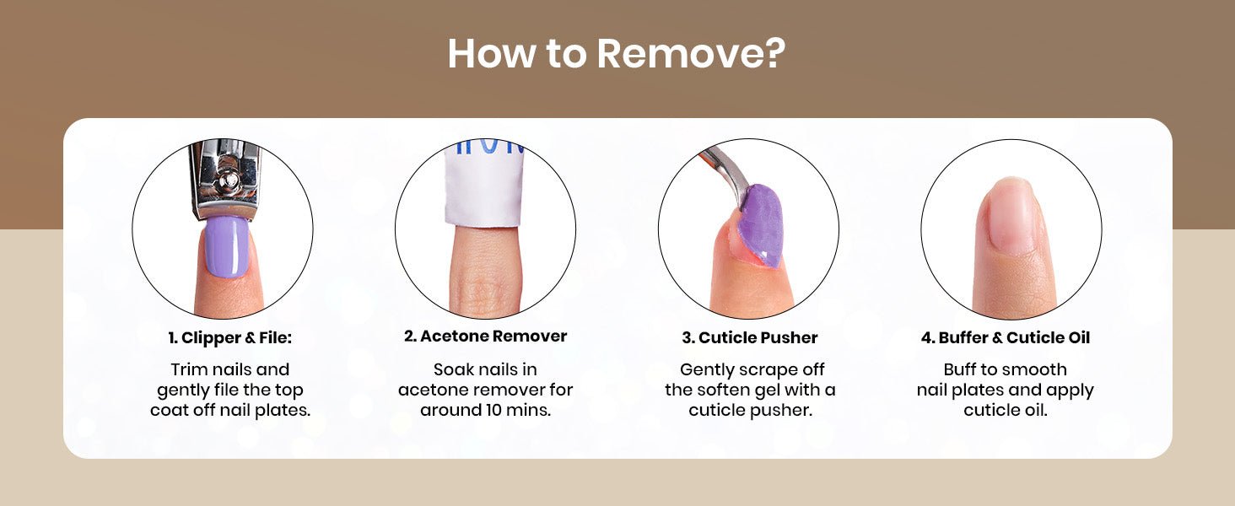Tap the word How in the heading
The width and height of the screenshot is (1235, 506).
pyautogui.click(x=491, y=53)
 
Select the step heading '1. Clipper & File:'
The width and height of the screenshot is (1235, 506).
pyautogui.click(x=230, y=338)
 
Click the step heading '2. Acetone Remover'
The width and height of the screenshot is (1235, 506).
pyautogui.click(x=485, y=336)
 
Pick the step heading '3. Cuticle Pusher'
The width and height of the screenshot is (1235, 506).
pyautogui.click(x=750, y=338)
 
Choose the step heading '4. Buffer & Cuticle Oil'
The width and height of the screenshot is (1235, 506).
pyautogui.click(x=1005, y=338)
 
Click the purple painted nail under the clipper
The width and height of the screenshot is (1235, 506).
pyautogui.click(x=226, y=246)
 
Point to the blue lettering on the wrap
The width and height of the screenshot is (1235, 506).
pyautogui.click(x=485, y=146)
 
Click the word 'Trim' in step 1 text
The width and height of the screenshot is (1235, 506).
pyautogui.click(x=189, y=369)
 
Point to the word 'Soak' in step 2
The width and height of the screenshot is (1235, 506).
pyautogui.click(x=453, y=369)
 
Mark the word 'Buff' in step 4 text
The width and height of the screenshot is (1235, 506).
pyautogui.click(x=959, y=369)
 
